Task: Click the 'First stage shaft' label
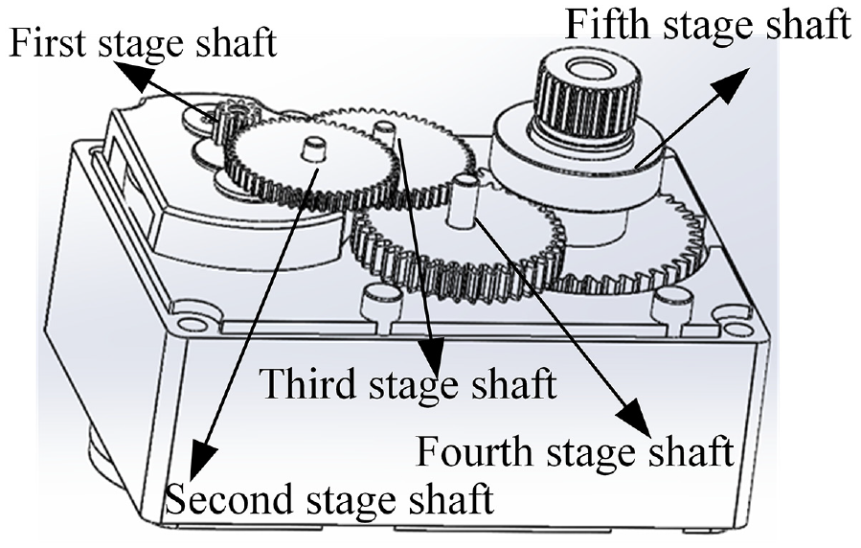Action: click(x=143, y=43)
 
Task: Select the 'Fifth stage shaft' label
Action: click(x=708, y=25)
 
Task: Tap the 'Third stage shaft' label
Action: click(x=408, y=383)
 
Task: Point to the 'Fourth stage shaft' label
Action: click(x=575, y=451)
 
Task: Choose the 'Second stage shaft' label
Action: click(x=329, y=498)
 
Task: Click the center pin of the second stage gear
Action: click(x=312, y=148)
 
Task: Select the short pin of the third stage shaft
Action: click(x=383, y=132)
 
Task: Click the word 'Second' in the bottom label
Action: click(x=230, y=498)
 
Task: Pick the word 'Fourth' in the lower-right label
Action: click(x=475, y=451)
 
